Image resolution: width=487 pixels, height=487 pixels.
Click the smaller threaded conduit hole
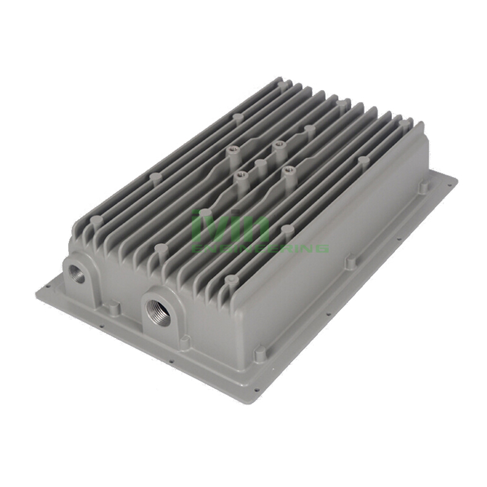coord(76,273)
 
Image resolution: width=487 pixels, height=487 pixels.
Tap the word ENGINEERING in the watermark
coord(260,248)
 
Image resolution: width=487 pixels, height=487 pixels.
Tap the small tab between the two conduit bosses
coord(114,309)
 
